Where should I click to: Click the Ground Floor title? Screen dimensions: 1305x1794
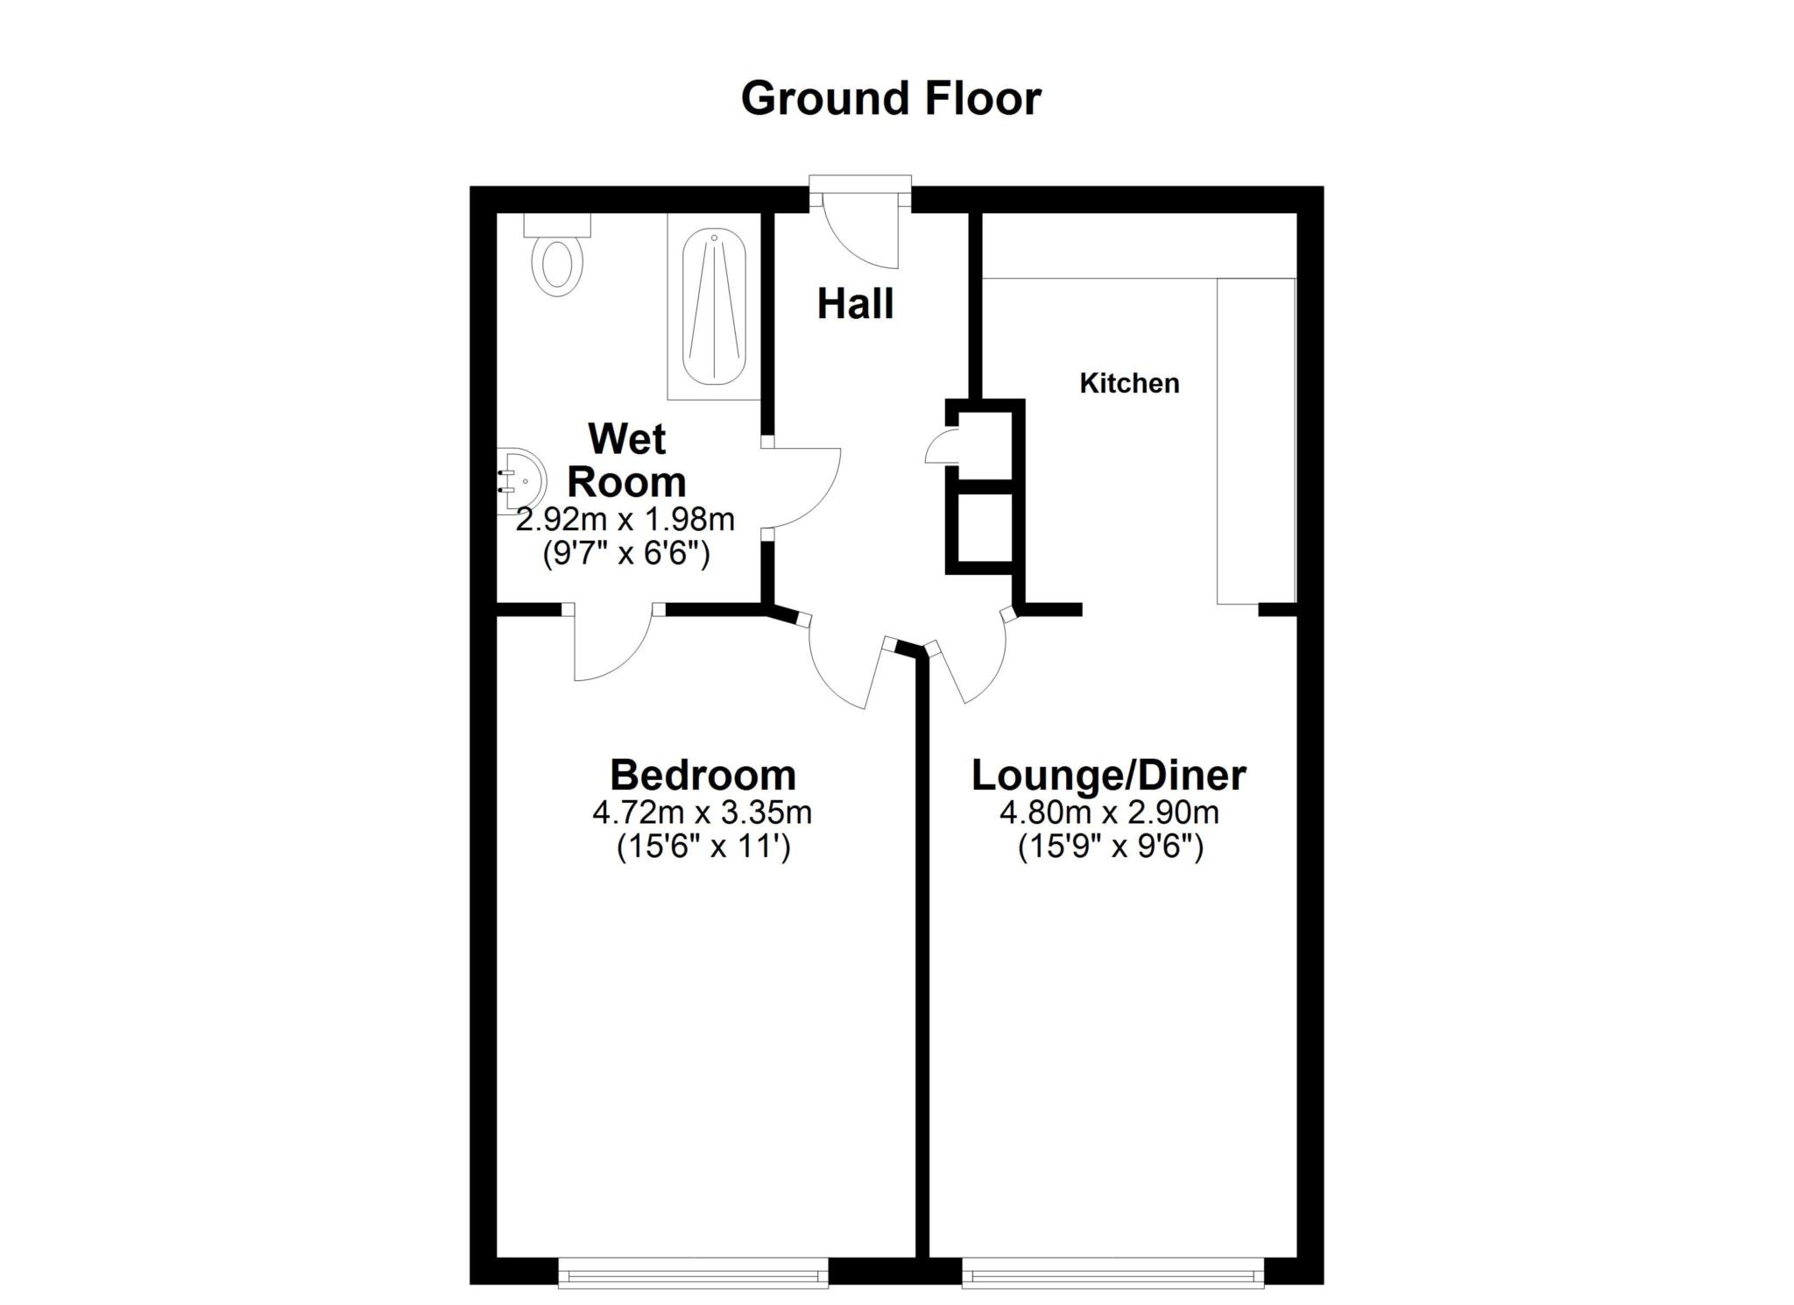(x=891, y=98)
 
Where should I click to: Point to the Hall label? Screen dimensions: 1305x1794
(x=855, y=304)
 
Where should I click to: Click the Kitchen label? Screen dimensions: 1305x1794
(x=1129, y=383)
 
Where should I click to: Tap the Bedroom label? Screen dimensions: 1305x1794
(x=703, y=775)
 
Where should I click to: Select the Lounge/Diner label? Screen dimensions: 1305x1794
(x=1109, y=775)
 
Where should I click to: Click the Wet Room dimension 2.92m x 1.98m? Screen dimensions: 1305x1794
(x=625, y=520)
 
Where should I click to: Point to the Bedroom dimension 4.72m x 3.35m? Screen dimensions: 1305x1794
(x=703, y=812)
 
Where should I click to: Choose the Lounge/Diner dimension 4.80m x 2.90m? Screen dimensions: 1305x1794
(x=1109, y=812)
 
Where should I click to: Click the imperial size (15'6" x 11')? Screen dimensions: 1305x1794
(x=703, y=848)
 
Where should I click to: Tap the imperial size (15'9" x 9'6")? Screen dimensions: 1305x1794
(x=1109, y=848)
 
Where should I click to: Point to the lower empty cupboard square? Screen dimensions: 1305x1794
(x=980, y=526)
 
